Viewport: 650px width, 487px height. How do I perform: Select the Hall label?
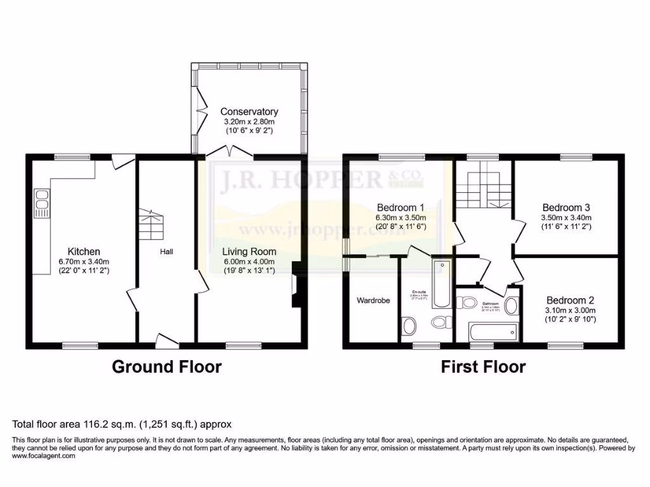click(167, 252)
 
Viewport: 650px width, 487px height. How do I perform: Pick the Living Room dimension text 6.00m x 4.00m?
click(249, 261)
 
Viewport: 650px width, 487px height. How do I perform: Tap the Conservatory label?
click(249, 112)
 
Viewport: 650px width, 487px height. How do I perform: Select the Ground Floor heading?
click(167, 367)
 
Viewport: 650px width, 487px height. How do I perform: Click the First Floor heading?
click(484, 367)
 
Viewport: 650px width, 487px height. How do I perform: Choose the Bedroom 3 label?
click(566, 207)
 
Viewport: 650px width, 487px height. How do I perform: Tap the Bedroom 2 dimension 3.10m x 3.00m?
click(571, 310)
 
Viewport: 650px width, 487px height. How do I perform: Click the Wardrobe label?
click(373, 300)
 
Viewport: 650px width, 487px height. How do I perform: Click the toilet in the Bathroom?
click(470, 304)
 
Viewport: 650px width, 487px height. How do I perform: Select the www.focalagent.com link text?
click(44, 455)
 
